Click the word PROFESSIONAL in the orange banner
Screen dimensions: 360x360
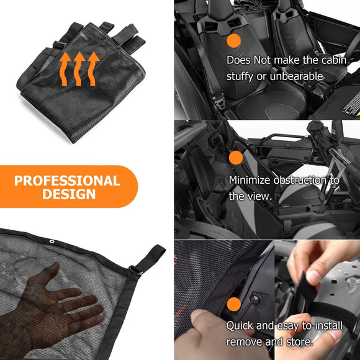tap(67, 181)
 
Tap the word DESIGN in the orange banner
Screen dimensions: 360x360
tap(69, 194)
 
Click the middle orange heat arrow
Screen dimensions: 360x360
tap(79, 69)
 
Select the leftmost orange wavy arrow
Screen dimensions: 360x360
tap(65, 69)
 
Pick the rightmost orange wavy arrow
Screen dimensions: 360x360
tap(93, 69)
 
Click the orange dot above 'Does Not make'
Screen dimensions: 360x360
tap(234, 41)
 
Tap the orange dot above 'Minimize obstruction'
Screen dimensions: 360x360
tap(236, 158)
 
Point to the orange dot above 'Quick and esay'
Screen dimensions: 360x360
tap(234, 304)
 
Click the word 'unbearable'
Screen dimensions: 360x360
tap(297, 76)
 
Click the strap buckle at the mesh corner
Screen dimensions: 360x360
tap(135, 270)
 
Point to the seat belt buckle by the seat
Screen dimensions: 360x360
tap(218, 101)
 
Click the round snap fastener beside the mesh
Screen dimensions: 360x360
tap(255, 299)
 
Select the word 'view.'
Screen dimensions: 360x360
tap(260, 196)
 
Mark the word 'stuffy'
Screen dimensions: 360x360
tap(240, 76)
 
